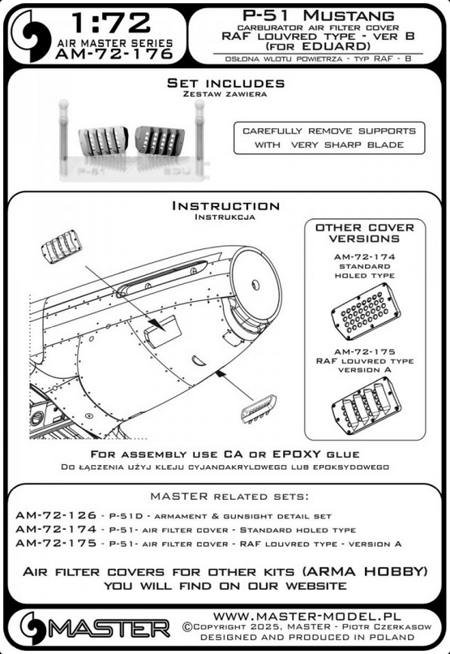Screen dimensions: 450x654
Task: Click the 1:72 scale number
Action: click(111, 23)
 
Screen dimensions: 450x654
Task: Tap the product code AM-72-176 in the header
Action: click(114, 54)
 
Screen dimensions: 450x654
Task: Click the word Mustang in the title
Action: click(348, 16)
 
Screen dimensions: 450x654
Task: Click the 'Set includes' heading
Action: click(226, 83)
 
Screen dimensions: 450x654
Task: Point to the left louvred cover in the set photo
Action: click(103, 141)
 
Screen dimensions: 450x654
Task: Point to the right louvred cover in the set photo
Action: click(160, 140)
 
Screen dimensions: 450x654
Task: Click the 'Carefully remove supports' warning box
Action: click(329, 138)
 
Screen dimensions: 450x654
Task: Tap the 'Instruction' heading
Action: click(225, 206)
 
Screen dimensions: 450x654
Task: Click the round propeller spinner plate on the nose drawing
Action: click(255, 285)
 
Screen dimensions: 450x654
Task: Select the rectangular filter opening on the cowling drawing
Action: click(163, 331)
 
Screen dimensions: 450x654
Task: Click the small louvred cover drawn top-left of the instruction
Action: click(62, 247)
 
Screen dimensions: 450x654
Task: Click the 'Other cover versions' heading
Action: click(365, 233)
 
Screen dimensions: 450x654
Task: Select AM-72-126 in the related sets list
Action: click(56, 515)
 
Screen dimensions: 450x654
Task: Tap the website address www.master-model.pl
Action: click(306, 617)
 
